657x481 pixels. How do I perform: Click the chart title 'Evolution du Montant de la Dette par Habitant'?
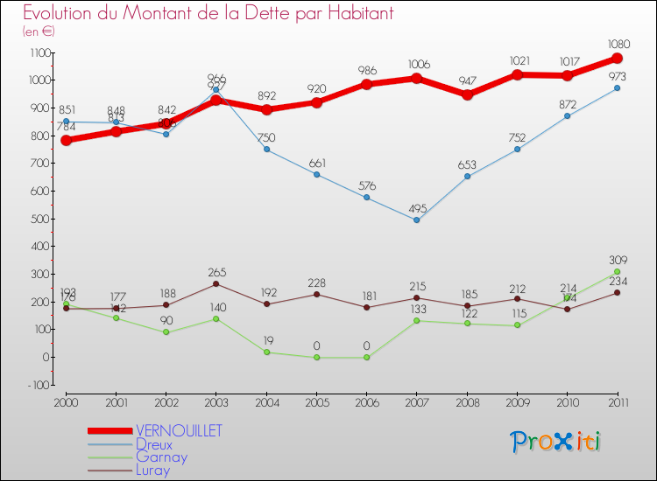pyautogui.click(x=208, y=13)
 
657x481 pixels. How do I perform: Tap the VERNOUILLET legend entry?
pyautogui.click(x=179, y=430)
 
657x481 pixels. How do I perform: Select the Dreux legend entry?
pyautogui.click(x=153, y=444)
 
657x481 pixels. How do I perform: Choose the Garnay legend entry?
pyautogui.click(x=161, y=457)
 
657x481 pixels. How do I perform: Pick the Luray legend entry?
pyautogui.click(x=154, y=470)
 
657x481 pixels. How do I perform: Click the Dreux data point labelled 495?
pyautogui.click(x=417, y=220)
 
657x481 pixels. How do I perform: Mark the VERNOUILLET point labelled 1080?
pyautogui.click(x=618, y=59)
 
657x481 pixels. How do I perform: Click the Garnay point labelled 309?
pyautogui.click(x=618, y=271)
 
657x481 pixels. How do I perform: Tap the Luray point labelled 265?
pyautogui.click(x=215, y=283)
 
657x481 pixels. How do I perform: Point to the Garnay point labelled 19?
pyautogui.click(x=266, y=352)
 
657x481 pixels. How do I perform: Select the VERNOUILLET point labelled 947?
pyautogui.click(x=467, y=95)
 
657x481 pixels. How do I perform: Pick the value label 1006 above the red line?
pyautogui.click(x=417, y=64)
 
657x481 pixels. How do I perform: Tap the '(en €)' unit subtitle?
pyautogui.click(x=39, y=31)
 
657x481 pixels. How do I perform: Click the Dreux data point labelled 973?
pyautogui.click(x=618, y=88)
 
